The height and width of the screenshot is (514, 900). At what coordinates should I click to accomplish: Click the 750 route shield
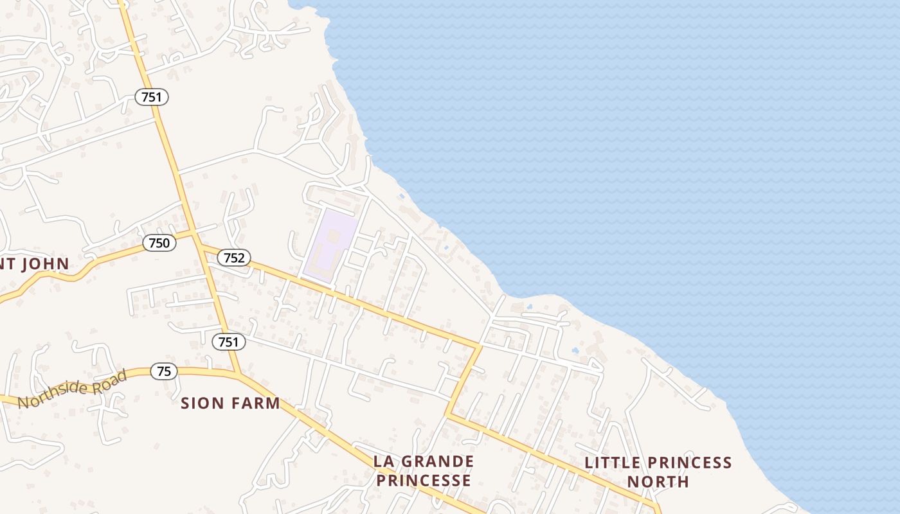[x=159, y=243]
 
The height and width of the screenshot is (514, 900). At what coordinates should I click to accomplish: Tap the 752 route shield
[x=234, y=258]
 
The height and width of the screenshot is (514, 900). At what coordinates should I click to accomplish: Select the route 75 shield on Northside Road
[x=164, y=371]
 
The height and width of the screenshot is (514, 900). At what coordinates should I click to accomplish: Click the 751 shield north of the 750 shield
[x=152, y=97]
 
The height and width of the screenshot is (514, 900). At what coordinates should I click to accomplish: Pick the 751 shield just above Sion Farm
[x=228, y=342]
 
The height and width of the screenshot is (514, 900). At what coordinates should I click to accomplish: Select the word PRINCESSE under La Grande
[x=424, y=481]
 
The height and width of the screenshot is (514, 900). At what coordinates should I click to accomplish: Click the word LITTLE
[x=612, y=463]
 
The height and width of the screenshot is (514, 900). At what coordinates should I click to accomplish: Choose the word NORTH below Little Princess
[x=658, y=482]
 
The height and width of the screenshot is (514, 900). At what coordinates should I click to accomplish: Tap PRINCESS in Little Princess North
[x=690, y=463]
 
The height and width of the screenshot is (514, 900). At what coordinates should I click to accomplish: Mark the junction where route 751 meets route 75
[x=239, y=374]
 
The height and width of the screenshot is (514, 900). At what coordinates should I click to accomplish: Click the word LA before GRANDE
[x=383, y=461]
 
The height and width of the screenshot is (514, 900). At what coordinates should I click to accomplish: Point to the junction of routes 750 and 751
[x=194, y=233]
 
